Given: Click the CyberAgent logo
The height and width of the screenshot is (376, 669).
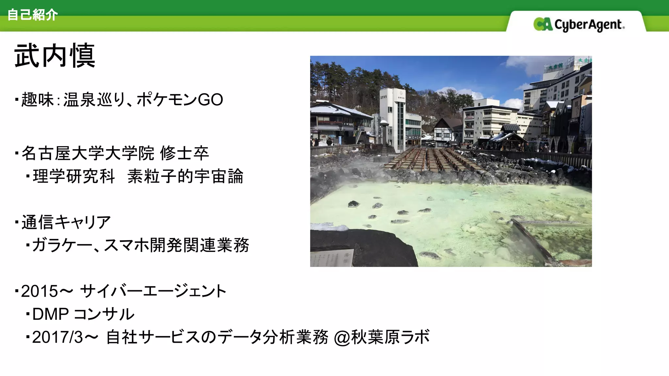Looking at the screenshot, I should click(579, 24).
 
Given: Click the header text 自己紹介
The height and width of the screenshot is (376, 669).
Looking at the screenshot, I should click(32, 15).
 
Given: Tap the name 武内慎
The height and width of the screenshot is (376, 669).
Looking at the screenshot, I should click(55, 56).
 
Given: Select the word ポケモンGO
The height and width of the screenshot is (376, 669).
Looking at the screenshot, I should click(180, 100).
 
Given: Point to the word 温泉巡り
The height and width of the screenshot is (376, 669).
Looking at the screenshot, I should click(94, 100).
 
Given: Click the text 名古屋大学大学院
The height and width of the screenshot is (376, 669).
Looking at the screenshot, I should click(88, 153).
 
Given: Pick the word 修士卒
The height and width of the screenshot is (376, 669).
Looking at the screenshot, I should click(184, 153).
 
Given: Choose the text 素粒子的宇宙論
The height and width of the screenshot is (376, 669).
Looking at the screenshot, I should click(185, 176).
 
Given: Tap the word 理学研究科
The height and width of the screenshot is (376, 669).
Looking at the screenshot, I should click(74, 176).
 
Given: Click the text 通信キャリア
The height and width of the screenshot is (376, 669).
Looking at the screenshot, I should click(66, 222).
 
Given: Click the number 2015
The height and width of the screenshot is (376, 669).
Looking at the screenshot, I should click(40, 291).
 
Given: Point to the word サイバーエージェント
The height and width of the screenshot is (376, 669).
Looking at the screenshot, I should click(153, 291).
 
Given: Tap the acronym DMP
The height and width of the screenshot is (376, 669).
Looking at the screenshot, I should click(51, 314).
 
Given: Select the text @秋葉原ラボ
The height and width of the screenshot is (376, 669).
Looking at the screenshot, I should click(382, 337).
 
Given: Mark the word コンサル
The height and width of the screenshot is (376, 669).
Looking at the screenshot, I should click(104, 314).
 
